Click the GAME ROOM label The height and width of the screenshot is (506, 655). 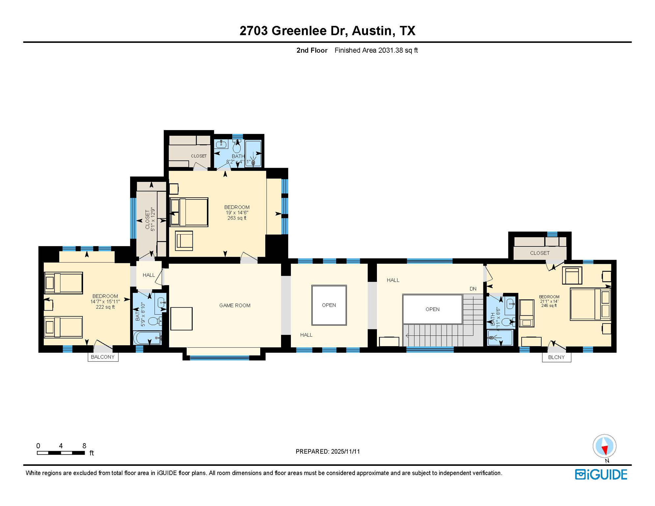235,305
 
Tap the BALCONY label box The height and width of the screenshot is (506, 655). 103,357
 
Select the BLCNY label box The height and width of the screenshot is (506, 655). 556,357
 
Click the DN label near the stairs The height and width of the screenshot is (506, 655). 473,289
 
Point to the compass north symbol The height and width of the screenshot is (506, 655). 604,446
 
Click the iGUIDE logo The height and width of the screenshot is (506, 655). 601,475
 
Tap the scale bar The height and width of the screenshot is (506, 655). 61,453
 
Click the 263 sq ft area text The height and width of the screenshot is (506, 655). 237,218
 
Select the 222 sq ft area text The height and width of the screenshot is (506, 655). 105,307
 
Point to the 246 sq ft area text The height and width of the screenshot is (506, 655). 549,306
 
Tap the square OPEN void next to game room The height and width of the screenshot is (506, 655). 329,305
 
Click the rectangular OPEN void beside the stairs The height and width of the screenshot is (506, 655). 432,309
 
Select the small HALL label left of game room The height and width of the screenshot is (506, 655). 149,275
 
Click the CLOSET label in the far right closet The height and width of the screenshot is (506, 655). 539,253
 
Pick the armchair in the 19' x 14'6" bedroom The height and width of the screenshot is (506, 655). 184,241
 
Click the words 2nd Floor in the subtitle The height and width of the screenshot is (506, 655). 312,50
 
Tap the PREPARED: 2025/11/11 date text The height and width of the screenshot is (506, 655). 327,452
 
